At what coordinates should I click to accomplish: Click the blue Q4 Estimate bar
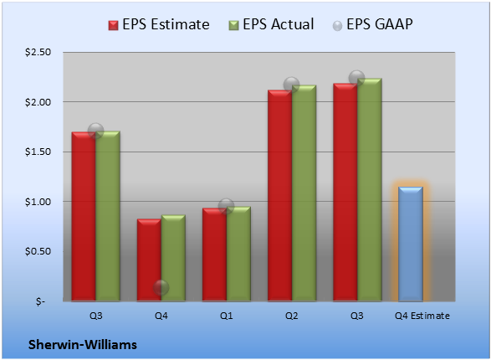(x=410, y=244)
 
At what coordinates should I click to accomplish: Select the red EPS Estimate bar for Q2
(x=279, y=196)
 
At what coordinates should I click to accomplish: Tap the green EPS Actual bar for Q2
(x=304, y=193)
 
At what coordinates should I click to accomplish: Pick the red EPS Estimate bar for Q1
(x=214, y=255)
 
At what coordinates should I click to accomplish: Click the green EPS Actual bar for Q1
(x=238, y=254)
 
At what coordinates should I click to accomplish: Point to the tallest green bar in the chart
(x=370, y=190)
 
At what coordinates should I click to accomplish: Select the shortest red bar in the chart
(x=149, y=260)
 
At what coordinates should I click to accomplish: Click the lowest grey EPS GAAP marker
(x=161, y=288)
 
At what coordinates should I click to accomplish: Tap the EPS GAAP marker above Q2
(x=292, y=85)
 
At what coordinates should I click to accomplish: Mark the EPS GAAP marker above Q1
(x=226, y=206)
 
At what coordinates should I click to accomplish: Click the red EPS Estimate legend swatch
(x=114, y=25)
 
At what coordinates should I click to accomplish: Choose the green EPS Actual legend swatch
(x=233, y=25)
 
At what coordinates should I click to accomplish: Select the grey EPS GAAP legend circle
(x=337, y=26)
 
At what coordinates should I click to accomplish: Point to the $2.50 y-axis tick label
(x=38, y=52)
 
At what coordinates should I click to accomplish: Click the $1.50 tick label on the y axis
(x=38, y=152)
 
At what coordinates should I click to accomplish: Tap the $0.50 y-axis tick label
(x=38, y=251)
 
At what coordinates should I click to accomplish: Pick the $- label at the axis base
(x=40, y=301)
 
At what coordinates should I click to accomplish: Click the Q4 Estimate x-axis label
(x=422, y=316)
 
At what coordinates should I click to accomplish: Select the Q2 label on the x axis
(x=292, y=316)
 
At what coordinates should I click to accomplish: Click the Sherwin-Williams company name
(x=83, y=345)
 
